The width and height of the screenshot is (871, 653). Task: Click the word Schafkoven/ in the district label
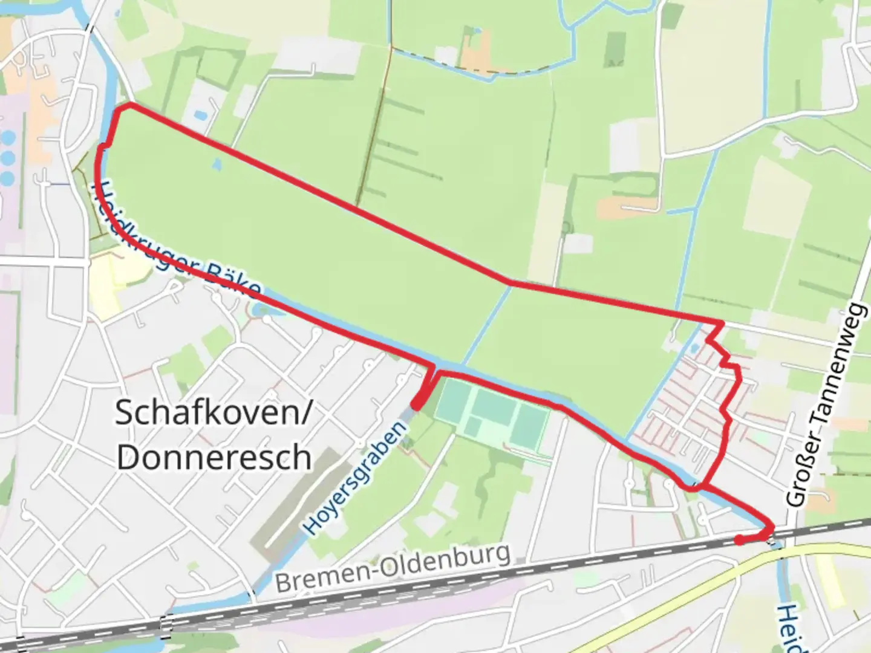click(x=213, y=414)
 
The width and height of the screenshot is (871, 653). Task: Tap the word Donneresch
click(x=214, y=458)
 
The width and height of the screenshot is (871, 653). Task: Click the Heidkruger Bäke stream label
click(x=175, y=242)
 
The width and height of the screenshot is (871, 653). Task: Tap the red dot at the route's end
click(x=739, y=540)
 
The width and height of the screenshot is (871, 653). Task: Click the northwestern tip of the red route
click(x=129, y=105)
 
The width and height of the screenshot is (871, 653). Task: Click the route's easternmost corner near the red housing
click(x=722, y=323)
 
